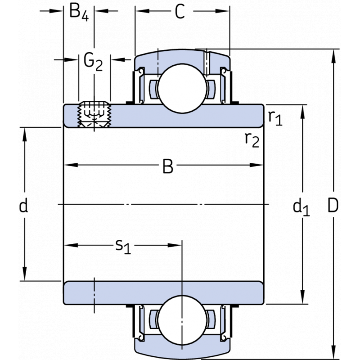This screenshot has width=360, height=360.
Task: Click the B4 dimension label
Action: tap(79, 13)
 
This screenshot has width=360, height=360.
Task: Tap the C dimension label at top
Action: tap(180, 13)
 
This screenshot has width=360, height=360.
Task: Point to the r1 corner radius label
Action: tap(275, 118)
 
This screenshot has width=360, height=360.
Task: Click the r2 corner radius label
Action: tap(252, 140)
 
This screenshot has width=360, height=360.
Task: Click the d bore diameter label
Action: tap(24, 206)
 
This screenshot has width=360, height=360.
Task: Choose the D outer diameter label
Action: tap(333, 206)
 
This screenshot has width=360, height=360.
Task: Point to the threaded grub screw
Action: tap(94, 115)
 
